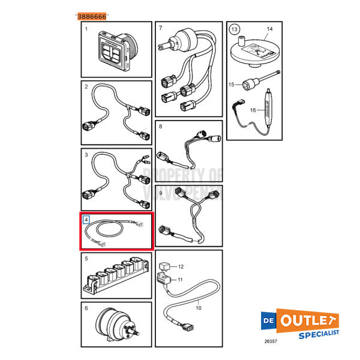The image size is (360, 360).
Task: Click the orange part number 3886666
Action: point(92,17)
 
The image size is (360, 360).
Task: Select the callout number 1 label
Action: point(86,29)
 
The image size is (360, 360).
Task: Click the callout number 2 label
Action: point(86,87)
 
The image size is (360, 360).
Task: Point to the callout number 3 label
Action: point(86,155)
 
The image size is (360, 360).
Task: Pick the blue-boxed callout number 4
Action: point(86,220)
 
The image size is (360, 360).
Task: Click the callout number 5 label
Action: point(86,259)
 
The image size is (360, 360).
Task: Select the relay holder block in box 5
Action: point(116,278)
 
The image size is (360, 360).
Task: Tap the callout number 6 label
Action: point(86,308)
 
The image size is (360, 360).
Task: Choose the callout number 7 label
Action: point(160,28)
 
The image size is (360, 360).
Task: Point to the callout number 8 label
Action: point(160,127)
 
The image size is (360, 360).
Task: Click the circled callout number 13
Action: point(235,29)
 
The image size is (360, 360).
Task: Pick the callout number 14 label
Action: point(269,29)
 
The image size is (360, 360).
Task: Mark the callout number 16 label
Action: point(253,110)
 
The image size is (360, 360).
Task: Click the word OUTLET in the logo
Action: point(308,320)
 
